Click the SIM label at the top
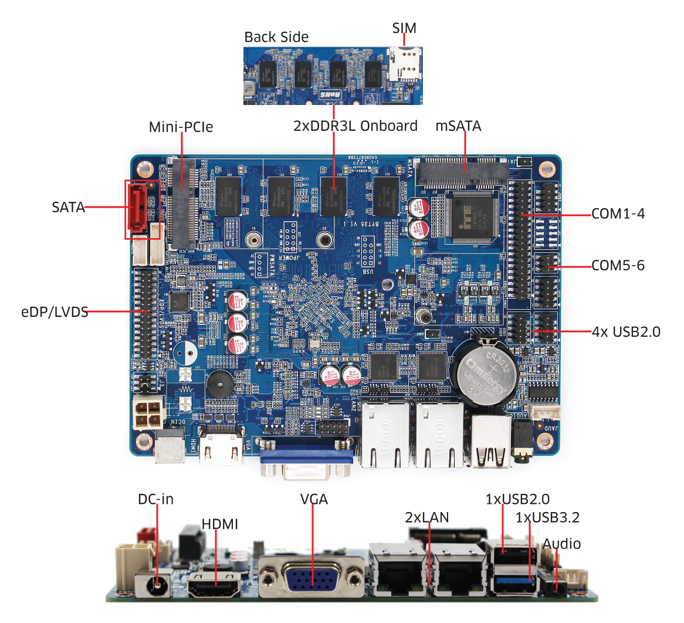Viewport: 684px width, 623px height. coord(404,28)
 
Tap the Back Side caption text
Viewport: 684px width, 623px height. coord(276,37)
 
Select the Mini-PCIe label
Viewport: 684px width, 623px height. coord(181,127)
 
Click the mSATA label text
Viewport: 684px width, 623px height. coord(458,126)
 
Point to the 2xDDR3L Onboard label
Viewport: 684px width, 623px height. coord(355,126)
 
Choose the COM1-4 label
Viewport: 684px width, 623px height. coord(618,214)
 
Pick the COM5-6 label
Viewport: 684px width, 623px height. coord(618,266)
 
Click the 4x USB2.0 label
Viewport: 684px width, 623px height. coord(626,332)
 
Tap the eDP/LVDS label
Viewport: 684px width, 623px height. coord(55,312)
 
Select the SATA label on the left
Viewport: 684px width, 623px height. coord(68,207)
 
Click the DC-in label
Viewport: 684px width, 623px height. coord(155,499)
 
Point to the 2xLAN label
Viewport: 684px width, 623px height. coord(426,517)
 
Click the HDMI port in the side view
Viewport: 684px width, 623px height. coord(214,585)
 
